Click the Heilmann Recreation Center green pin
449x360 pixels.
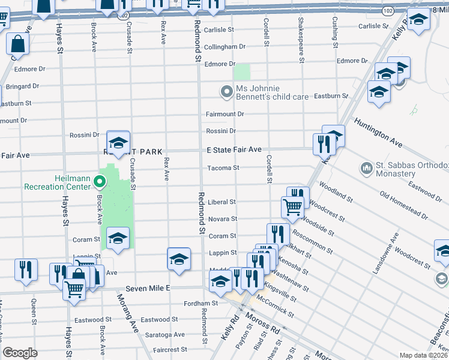point(101,181)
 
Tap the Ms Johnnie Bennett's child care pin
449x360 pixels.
point(226,92)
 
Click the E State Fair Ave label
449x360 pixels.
point(234,149)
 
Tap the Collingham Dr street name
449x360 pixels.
point(225,47)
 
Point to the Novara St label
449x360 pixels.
point(222,220)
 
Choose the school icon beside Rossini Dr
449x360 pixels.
point(118,142)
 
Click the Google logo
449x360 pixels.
point(20,353)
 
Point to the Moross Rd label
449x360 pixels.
point(266,331)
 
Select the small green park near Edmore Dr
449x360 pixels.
point(241,73)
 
